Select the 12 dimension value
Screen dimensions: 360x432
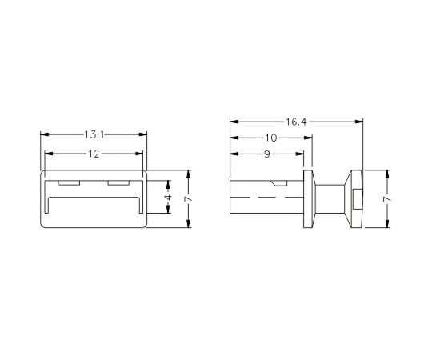[94, 154]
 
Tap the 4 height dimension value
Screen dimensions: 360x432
[168, 197]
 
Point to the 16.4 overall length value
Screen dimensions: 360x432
[295, 122]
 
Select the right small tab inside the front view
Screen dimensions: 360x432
[118, 183]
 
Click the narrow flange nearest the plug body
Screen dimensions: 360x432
[308, 198]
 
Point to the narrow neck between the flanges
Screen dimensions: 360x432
[328, 198]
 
